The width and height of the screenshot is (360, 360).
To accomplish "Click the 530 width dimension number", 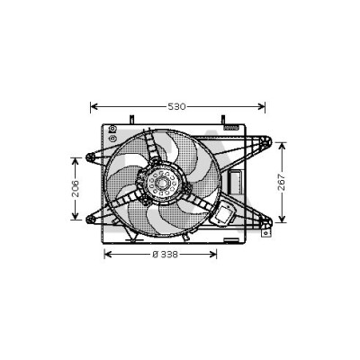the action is pos(176,106).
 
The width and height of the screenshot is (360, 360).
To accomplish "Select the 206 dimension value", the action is pos(76,188).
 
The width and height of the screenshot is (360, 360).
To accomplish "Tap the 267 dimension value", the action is pos(282,182).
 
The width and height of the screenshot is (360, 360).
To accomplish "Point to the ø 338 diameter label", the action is pos(166,255).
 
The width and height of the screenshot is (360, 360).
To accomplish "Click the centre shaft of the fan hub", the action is pos(163,182).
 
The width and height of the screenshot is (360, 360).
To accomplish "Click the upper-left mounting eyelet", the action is pos(90,157).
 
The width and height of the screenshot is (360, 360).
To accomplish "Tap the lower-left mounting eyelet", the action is pos(90,220).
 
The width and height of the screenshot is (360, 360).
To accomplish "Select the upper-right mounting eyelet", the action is pos(266,141).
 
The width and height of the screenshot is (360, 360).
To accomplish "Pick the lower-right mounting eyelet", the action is pos(266,222).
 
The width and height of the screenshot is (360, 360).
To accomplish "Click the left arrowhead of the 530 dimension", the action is pos(94,106).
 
